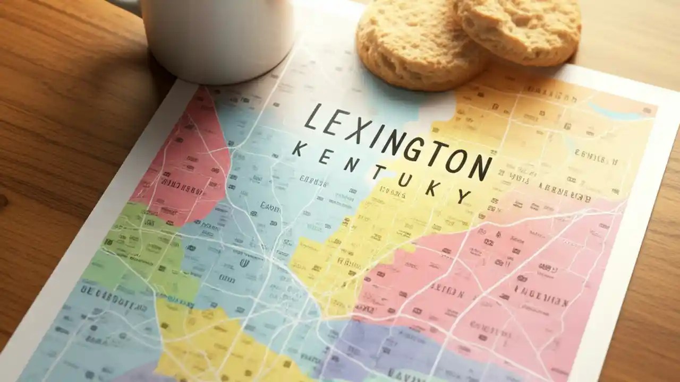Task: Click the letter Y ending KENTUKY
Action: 463,197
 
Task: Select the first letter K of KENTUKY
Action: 299,150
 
